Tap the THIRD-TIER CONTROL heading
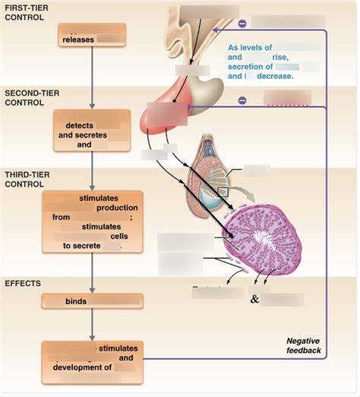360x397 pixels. click(x=27, y=178)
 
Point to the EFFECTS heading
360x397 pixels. click(x=24, y=283)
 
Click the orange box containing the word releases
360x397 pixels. click(x=91, y=36)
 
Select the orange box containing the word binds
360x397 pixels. click(x=91, y=301)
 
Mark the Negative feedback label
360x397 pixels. click(x=304, y=345)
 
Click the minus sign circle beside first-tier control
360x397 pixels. click(x=242, y=24)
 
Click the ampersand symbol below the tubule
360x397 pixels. click(x=254, y=298)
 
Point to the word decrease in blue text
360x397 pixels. click(x=275, y=77)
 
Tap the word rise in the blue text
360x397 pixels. click(x=280, y=57)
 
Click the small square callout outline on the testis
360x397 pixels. click(x=223, y=192)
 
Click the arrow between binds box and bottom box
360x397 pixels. click(x=91, y=325)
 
